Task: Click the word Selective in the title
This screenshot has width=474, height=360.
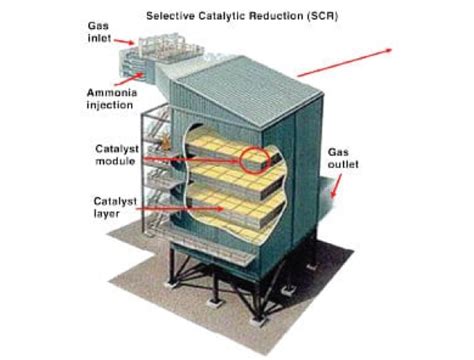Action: pyautogui.click(x=172, y=16)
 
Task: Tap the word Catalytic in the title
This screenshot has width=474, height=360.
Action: pyautogui.click(x=223, y=16)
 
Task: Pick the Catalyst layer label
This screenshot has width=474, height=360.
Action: pyautogui.click(x=112, y=206)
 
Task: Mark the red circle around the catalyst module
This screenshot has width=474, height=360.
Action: pyautogui.click(x=254, y=157)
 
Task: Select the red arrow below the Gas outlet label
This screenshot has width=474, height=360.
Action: pyautogui.click(x=336, y=191)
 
